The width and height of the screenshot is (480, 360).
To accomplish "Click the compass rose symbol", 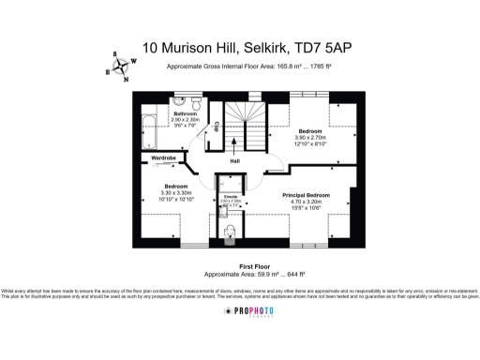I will point(119,66).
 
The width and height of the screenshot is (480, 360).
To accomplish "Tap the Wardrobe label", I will point(165,158).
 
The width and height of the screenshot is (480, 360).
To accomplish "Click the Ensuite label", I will point(230,195).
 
